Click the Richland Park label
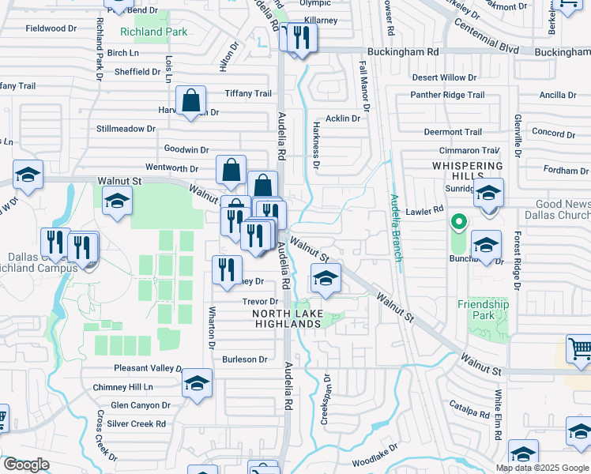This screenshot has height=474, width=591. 154,32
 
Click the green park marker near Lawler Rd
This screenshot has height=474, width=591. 457,222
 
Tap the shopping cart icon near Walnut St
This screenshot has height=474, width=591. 580,348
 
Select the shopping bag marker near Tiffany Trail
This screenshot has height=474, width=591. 191,100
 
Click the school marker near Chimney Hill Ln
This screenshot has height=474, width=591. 197,383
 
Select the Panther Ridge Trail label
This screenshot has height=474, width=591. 447,95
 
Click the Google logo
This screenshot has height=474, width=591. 26,465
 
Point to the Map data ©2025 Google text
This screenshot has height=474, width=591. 542,468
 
